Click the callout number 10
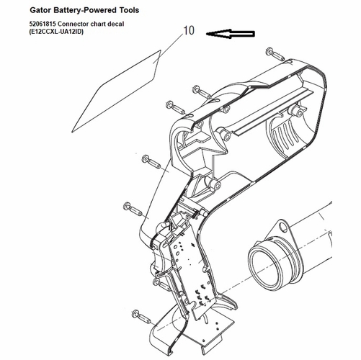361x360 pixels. click(x=189, y=30)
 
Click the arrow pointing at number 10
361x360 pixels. click(x=231, y=34)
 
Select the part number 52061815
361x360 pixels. click(x=43, y=24)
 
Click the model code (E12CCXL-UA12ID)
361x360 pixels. click(x=56, y=32)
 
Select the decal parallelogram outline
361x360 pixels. click(x=117, y=91)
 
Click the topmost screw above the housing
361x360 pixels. click(x=275, y=54)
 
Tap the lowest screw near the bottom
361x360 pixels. click(x=141, y=316)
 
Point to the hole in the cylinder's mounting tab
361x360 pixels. click(x=283, y=228)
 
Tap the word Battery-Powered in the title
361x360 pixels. click(x=83, y=10)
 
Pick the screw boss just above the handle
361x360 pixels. click(x=214, y=184)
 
